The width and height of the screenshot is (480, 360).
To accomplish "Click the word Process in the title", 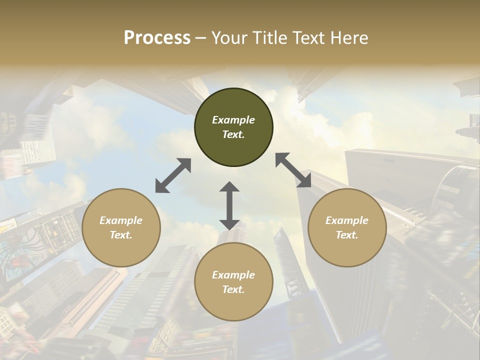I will click(x=157, y=38).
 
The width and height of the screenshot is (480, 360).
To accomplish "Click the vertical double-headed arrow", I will click(x=229, y=205).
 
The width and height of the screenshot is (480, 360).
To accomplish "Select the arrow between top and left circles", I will click(x=173, y=175).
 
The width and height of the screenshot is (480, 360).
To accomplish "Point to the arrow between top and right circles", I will click(x=293, y=170).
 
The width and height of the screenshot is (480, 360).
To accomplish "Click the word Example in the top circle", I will click(x=233, y=120).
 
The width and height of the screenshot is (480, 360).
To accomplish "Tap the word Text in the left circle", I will click(x=121, y=235).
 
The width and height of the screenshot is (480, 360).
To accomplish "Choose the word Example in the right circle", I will click(x=347, y=220).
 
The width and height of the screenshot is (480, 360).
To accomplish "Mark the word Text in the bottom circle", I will click(x=233, y=289).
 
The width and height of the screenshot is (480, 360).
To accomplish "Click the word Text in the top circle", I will click(x=233, y=134).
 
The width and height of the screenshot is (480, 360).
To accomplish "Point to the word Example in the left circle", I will click(x=121, y=220).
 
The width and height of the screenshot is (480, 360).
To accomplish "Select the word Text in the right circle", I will click(x=347, y=235).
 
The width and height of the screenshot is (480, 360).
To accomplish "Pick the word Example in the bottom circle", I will click(x=233, y=275).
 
